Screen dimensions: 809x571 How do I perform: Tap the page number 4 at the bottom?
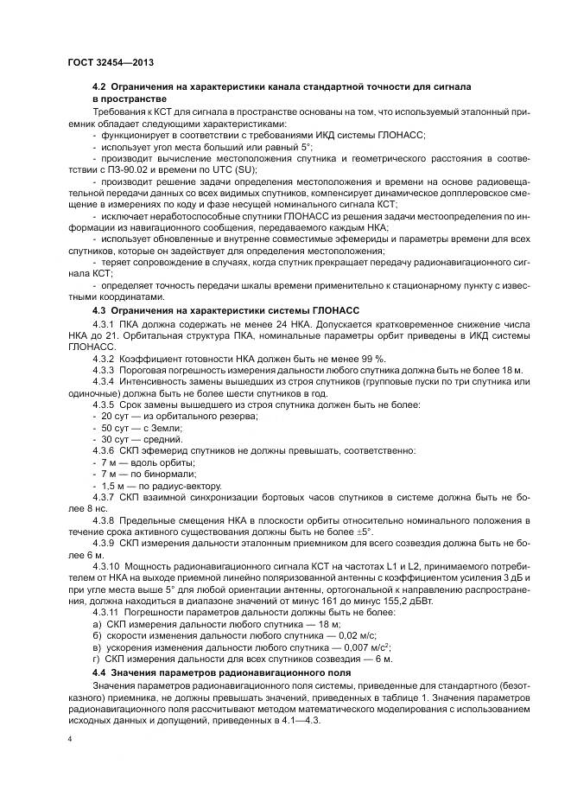click(x=69, y=741)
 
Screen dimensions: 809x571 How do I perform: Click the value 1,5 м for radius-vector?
click(x=112, y=486)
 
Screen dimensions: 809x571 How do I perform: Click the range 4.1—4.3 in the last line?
click(x=301, y=717)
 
